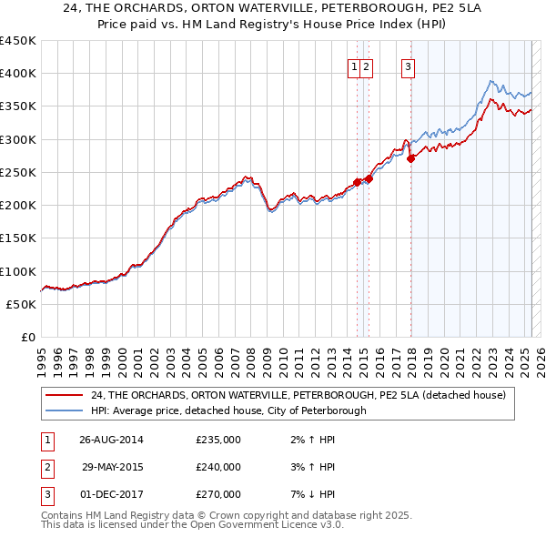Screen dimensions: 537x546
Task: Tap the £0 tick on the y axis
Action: tap(29, 337)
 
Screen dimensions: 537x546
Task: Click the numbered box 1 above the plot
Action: tap(352, 66)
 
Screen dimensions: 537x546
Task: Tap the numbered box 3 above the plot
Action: tap(408, 66)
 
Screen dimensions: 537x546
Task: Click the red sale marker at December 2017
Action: tap(411, 158)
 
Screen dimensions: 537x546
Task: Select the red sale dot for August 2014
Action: tap(357, 182)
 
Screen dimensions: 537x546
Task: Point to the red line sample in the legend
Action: tap(66, 394)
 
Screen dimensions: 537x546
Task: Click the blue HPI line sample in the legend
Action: tap(66, 410)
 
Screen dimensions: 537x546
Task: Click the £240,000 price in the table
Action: tap(218, 467)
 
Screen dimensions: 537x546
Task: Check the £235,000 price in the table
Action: tap(218, 440)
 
